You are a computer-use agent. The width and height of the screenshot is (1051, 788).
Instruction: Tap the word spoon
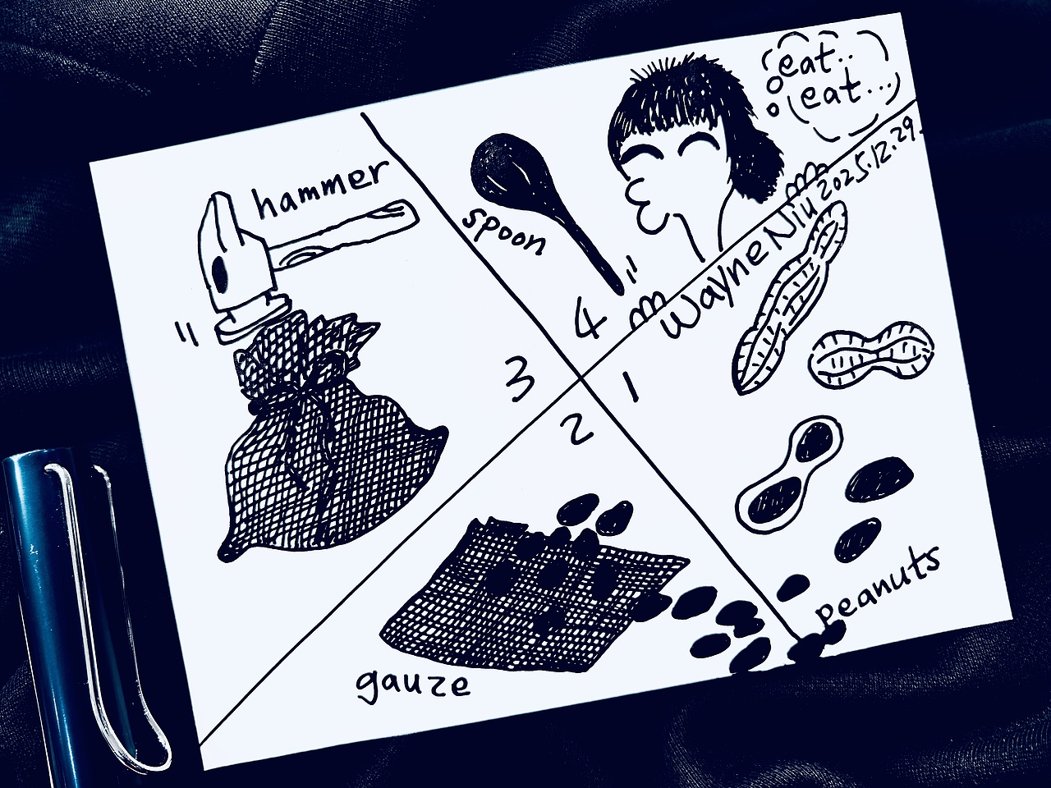[503, 231]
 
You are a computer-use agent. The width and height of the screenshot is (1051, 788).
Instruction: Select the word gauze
[413, 685]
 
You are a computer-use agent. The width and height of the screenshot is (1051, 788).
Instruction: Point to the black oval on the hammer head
[220, 275]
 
